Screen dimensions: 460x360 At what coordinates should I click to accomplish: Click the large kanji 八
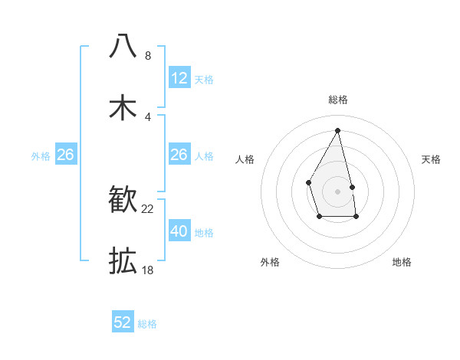pos(123,46)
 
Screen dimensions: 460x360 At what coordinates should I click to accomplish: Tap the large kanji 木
pos(123,108)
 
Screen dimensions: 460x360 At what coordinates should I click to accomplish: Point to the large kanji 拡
pos(123,261)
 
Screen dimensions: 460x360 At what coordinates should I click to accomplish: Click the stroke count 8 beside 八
pos(148,55)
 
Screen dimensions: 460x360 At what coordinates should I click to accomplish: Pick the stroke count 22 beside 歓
pos(148,209)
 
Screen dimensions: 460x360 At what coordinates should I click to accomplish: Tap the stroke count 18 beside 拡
pos(148,270)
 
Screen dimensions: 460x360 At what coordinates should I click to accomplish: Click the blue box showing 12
pos(179,78)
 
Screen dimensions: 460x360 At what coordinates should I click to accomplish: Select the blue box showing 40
pos(179,231)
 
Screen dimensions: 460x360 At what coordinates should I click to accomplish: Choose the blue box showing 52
pos(123,322)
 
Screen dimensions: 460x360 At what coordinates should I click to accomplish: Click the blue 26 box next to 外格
pos(65,155)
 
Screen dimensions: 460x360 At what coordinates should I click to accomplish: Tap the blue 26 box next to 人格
pos(179,155)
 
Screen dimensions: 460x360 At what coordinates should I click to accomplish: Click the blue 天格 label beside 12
pos(204,80)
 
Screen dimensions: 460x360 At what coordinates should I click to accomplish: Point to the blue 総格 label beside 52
pos(147,324)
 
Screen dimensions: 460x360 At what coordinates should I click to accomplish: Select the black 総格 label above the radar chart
pos(338,100)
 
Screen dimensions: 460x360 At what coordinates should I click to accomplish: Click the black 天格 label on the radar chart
pos(432,159)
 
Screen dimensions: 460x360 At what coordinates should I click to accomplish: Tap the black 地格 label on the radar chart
pos(402,262)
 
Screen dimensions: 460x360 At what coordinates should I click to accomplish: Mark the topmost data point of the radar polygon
pos(338,129)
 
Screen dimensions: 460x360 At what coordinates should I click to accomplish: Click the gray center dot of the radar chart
pos(338,191)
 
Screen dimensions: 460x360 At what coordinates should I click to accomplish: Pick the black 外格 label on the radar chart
pos(270,262)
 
